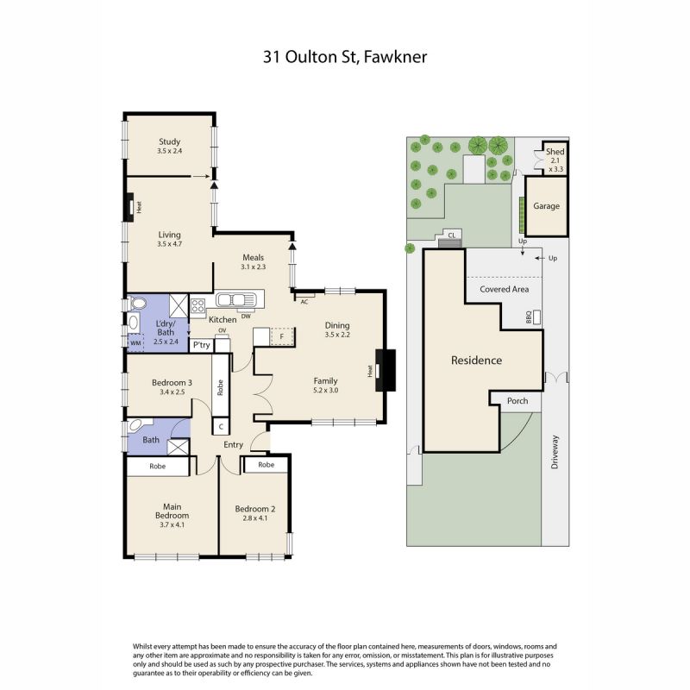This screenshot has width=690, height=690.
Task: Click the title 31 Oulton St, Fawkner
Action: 344,57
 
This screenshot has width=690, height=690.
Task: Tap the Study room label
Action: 169,141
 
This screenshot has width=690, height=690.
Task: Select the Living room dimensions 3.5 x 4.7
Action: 169,244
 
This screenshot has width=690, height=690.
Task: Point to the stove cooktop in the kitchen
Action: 198,305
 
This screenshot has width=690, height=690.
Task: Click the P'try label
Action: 202,345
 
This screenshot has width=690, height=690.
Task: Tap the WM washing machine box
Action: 135,342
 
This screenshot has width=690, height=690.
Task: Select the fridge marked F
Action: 282,336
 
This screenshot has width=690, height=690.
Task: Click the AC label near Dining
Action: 304,302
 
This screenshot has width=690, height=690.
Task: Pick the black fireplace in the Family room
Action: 386,370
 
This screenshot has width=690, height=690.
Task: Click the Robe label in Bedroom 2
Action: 267,465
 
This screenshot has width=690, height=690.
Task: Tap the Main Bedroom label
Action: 172,511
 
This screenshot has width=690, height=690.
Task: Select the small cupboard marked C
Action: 221,426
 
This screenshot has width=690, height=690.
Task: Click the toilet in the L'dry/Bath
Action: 137,304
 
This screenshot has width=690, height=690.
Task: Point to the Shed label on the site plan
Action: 555,152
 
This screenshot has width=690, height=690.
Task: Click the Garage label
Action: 547,206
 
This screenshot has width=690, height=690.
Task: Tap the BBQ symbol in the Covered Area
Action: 536,317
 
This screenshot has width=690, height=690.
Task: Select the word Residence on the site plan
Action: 477,361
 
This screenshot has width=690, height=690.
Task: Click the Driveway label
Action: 555,452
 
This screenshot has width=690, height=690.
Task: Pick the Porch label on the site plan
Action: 517,401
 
